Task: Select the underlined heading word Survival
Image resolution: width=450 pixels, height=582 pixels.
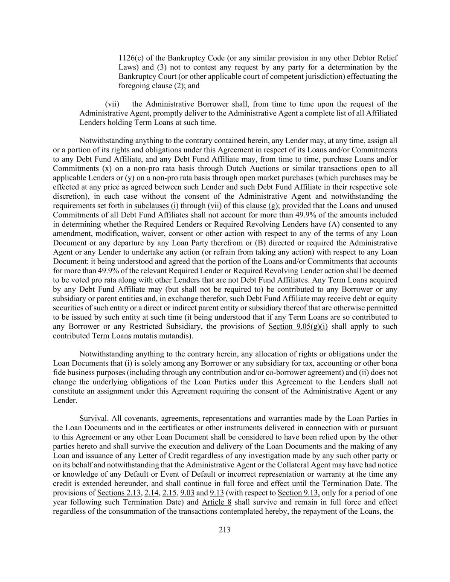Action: (x=93, y=418)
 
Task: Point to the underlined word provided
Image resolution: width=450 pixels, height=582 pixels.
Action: (x=296, y=206)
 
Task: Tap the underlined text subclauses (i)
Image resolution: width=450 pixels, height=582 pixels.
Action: (x=156, y=206)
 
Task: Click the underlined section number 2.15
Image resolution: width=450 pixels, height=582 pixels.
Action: (x=170, y=493)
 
